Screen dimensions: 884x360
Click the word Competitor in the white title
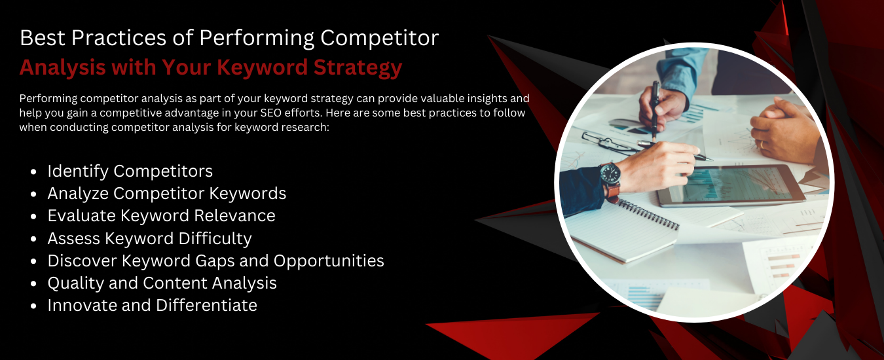379,38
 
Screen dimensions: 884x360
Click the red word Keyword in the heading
262,67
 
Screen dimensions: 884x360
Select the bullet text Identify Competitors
130,171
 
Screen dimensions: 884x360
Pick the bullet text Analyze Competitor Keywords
166,194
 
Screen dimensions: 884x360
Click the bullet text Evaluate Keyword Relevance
161,216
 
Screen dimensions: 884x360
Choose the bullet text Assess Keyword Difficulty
149,238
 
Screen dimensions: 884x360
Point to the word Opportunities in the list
329,261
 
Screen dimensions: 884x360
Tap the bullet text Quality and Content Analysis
162,283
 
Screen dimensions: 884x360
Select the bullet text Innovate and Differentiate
153,305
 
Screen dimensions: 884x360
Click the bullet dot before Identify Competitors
33,171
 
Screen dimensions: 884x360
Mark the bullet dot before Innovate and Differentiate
33,306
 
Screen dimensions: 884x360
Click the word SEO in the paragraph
270,113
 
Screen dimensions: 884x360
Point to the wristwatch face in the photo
610,174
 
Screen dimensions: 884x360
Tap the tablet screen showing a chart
731,185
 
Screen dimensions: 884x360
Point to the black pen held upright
655,111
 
